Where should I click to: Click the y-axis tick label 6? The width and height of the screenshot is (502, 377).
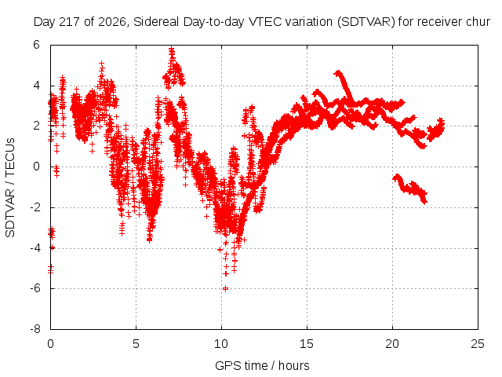click(x=36, y=45)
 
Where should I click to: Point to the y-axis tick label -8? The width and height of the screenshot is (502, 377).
click(x=35, y=329)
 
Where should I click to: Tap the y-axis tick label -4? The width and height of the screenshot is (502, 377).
click(x=35, y=248)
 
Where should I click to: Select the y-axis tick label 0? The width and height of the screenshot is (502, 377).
click(x=36, y=167)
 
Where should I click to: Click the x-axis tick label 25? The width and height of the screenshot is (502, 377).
click(x=478, y=344)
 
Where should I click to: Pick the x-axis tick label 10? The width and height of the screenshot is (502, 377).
click(x=221, y=344)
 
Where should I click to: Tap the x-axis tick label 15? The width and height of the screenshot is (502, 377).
click(x=307, y=344)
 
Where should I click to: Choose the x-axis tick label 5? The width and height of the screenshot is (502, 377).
click(x=136, y=344)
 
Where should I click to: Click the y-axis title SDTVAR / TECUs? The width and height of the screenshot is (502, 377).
click(x=10, y=188)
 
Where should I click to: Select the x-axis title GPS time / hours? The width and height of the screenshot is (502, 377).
click(x=262, y=365)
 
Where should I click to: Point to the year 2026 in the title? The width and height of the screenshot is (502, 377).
click(x=111, y=22)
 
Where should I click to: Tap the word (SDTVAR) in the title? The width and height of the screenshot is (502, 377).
click(x=366, y=22)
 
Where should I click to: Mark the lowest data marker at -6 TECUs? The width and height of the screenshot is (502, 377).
click(x=225, y=288)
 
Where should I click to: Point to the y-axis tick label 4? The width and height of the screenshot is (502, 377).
click(x=36, y=86)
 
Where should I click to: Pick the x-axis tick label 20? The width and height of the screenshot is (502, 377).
click(x=392, y=344)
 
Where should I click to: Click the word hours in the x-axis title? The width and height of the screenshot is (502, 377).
click(x=293, y=365)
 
